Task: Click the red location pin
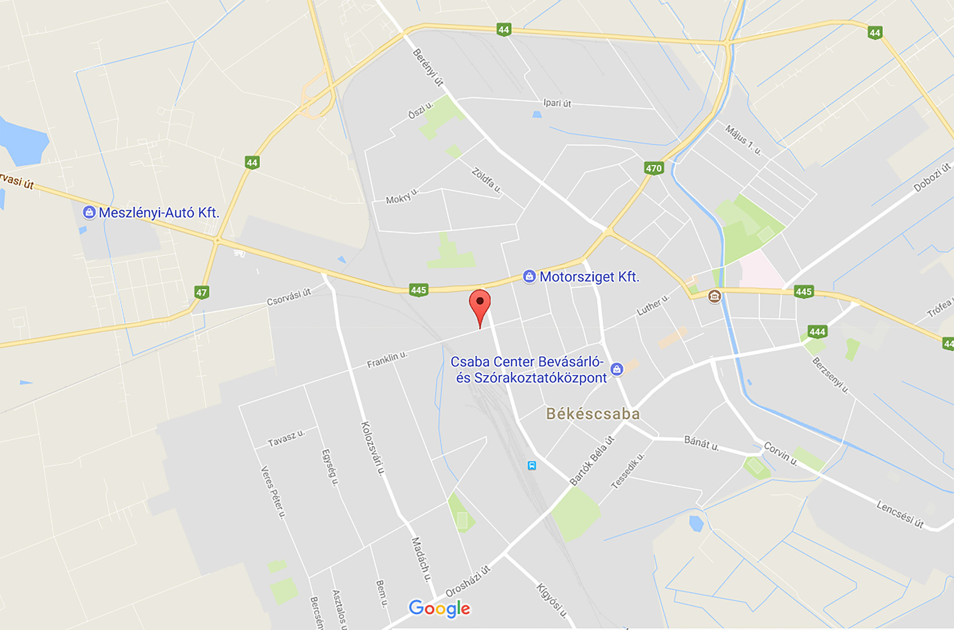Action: coord(479,304)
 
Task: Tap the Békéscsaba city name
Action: coord(592,414)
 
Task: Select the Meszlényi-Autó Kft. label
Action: coord(159,213)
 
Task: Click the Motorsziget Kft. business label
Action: coord(589,277)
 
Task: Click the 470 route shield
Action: coord(653,168)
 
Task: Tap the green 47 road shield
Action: coord(201,292)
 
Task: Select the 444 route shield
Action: coord(817,331)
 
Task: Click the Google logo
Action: coord(439,608)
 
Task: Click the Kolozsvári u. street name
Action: coord(373,449)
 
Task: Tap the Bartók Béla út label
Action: coord(592,461)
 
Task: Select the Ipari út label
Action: coord(557,103)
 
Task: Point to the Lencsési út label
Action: coord(900,514)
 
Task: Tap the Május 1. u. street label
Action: coord(743,140)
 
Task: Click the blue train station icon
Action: coord(532,466)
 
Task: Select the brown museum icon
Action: coord(715,297)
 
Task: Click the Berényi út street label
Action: coord(428,68)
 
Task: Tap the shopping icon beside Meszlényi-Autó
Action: coord(89,213)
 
